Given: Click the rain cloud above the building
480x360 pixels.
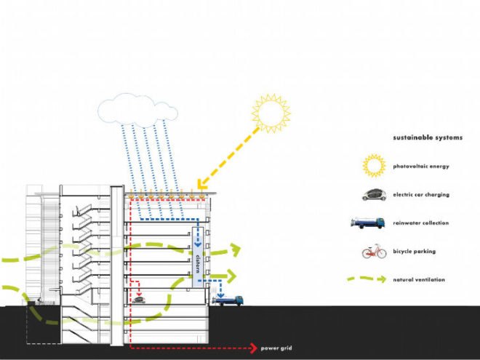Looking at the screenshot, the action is pyautogui.click(x=137, y=111).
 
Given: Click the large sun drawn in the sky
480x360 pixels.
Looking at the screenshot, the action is pyautogui.click(x=271, y=113).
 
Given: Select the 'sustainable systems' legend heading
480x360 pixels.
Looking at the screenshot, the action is pyautogui.click(x=428, y=137).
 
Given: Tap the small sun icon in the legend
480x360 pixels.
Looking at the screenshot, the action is pyautogui.click(x=374, y=166).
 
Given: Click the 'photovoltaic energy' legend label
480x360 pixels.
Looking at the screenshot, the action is pyautogui.click(x=421, y=167).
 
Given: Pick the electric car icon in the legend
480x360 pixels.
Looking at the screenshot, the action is pyautogui.click(x=374, y=195).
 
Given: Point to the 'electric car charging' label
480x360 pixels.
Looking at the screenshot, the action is pyautogui.click(x=421, y=195).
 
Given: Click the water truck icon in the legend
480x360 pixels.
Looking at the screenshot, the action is pyautogui.click(x=368, y=223).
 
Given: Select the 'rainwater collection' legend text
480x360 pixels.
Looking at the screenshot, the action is pyautogui.click(x=421, y=223).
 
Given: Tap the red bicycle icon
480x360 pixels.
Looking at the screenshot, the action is pyautogui.click(x=374, y=252).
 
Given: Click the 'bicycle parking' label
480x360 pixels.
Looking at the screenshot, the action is pyautogui.click(x=415, y=252).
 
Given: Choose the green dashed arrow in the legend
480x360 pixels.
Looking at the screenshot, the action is pyautogui.click(x=367, y=279).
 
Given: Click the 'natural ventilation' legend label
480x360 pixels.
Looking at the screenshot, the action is pyautogui.click(x=419, y=279).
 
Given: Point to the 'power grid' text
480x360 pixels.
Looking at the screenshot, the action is pyautogui.click(x=276, y=348).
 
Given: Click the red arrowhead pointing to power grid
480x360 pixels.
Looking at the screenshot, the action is pyautogui.click(x=254, y=348).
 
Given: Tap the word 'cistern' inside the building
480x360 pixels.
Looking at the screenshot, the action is pyautogui.click(x=198, y=263).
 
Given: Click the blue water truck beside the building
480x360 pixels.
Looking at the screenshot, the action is pyautogui.click(x=228, y=300).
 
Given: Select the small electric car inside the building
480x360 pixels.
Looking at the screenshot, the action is pyautogui.click(x=139, y=300).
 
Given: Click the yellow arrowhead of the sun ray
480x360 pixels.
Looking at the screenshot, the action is pyautogui.click(x=202, y=184).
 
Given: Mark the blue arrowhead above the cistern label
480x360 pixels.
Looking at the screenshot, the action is pyautogui.click(x=198, y=244).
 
